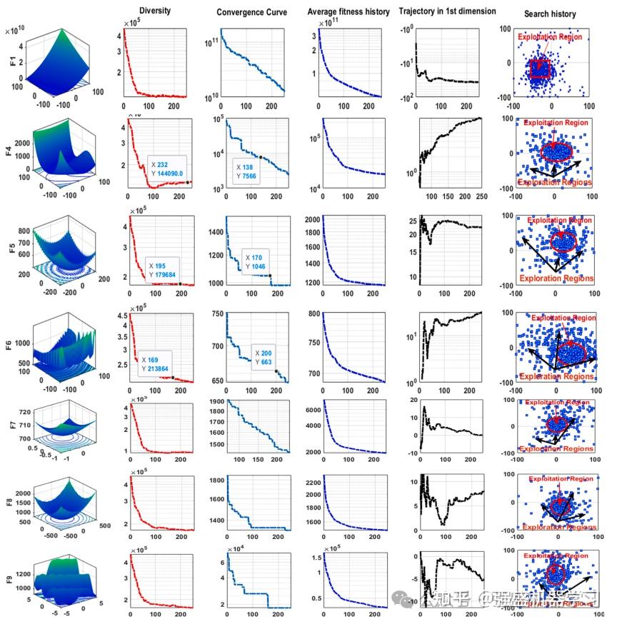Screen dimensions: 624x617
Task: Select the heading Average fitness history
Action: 348,12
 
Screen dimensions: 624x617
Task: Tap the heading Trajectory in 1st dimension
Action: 446,12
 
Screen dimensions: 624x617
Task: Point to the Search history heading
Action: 550,14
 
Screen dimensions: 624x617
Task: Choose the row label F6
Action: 12,343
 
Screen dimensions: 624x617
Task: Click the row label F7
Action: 12,426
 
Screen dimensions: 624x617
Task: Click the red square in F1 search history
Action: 541,69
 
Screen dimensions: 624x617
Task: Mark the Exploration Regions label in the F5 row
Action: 556,279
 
